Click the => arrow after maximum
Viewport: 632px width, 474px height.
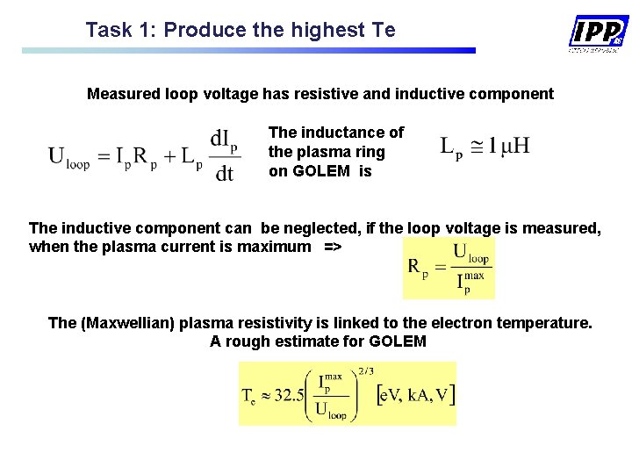[333, 247]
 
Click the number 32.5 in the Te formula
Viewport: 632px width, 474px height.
[287, 395]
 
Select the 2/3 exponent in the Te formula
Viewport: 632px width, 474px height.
[366, 372]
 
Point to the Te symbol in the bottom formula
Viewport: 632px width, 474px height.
[249, 396]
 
